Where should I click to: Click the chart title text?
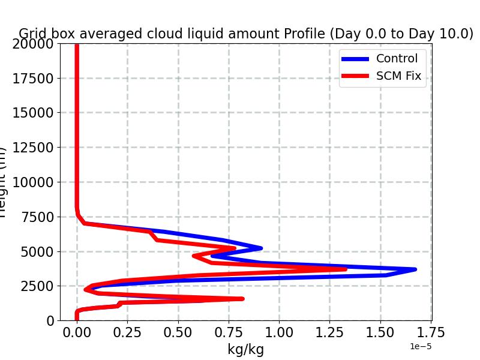(x=246, y=34)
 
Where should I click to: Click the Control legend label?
(x=396, y=58)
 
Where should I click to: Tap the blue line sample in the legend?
(x=356, y=59)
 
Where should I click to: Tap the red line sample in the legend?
(x=356, y=77)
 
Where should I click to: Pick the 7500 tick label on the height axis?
(x=40, y=217)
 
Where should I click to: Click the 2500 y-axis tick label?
(x=40, y=286)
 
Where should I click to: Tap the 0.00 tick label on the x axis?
(x=77, y=332)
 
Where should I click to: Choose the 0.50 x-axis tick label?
(x=178, y=332)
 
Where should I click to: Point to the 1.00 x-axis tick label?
(x=279, y=332)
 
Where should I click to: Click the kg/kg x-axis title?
(x=245, y=349)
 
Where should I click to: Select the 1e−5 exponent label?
(x=421, y=347)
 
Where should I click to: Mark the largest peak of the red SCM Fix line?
(x=346, y=269)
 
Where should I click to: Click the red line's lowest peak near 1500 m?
(x=242, y=298)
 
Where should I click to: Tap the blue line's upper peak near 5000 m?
(x=261, y=247)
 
